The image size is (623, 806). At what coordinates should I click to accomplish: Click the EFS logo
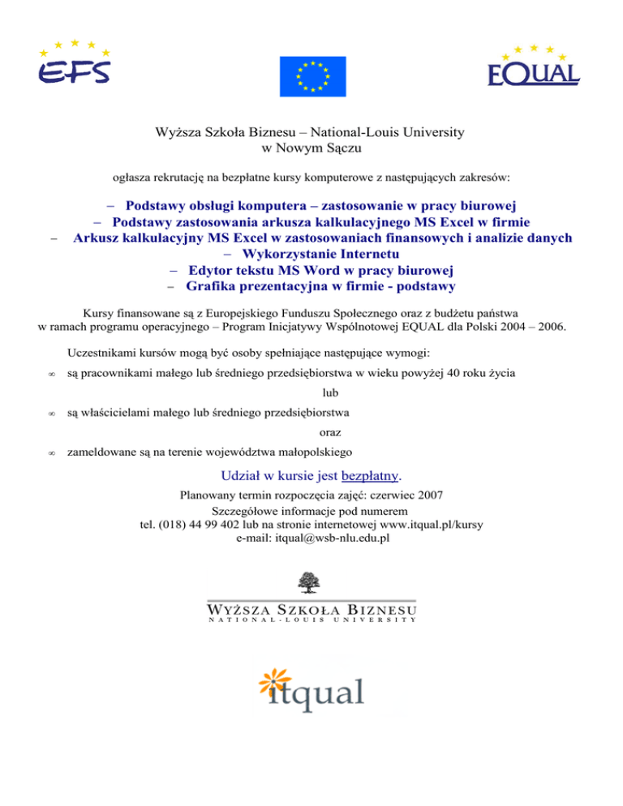click(x=73, y=63)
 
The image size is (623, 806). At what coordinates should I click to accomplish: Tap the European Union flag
click(x=312, y=74)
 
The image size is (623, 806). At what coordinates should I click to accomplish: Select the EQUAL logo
click(x=533, y=66)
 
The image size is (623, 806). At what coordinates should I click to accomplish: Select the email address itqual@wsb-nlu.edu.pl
click(x=312, y=537)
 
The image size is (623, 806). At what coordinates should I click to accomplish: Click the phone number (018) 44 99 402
click(x=195, y=524)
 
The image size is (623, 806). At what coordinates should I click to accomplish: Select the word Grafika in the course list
click(x=210, y=286)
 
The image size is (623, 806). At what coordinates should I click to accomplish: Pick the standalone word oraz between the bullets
click(x=329, y=432)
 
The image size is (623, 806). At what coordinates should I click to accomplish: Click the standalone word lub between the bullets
click(x=329, y=393)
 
